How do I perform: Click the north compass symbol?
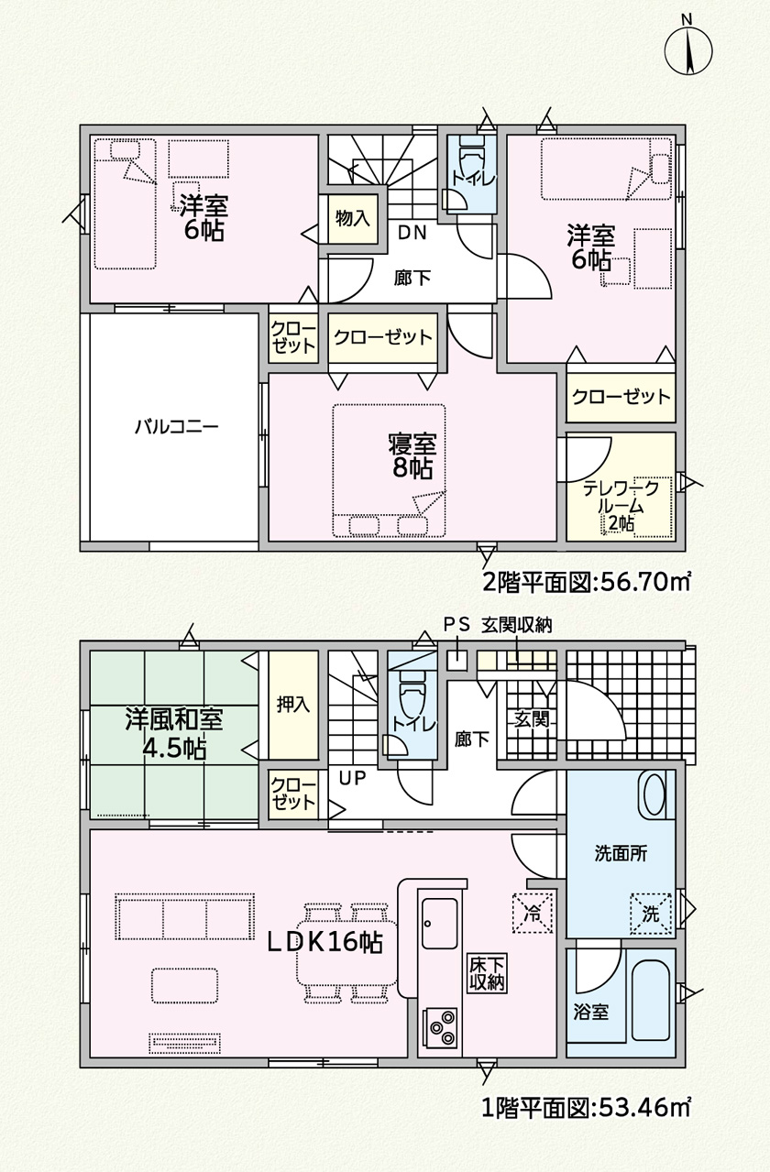[687, 50]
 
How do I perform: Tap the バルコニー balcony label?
[176, 427]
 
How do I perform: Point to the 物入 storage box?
[353, 218]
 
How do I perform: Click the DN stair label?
[413, 233]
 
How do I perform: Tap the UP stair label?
[352, 778]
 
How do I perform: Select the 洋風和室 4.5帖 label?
[174, 734]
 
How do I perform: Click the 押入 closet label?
[293, 705]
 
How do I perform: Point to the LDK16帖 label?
[325, 942]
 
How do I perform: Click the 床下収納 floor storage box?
[487, 975]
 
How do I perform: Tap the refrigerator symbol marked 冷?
[533, 914]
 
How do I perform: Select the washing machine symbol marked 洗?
[651, 914]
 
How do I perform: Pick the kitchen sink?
[440, 924]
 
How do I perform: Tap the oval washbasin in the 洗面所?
[654, 795]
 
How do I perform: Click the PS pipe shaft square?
[457, 661]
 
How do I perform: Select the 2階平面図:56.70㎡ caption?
[586, 582]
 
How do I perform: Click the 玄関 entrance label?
[531, 719]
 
